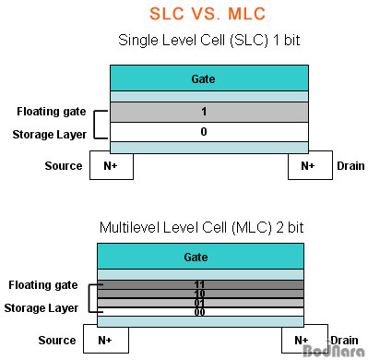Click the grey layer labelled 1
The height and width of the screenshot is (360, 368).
coord(202,112)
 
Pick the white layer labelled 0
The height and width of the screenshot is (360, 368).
coord(202,132)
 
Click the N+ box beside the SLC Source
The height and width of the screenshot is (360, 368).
coord(111,166)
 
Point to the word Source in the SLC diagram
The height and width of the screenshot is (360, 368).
coord(64,166)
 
